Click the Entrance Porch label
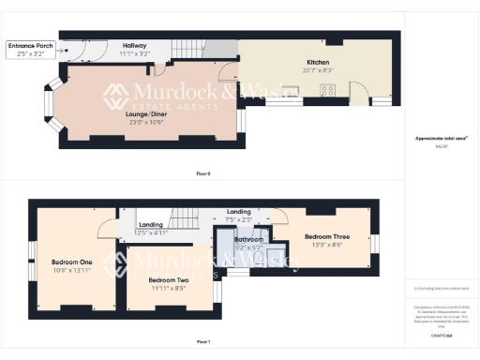(29, 45)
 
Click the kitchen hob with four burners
(329, 91)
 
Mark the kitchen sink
(293, 91)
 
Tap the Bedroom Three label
(329, 238)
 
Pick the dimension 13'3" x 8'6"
(329, 246)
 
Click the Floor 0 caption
(203, 174)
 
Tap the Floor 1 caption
(203, 341)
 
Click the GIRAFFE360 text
(441, 334)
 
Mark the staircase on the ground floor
(217, 47)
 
